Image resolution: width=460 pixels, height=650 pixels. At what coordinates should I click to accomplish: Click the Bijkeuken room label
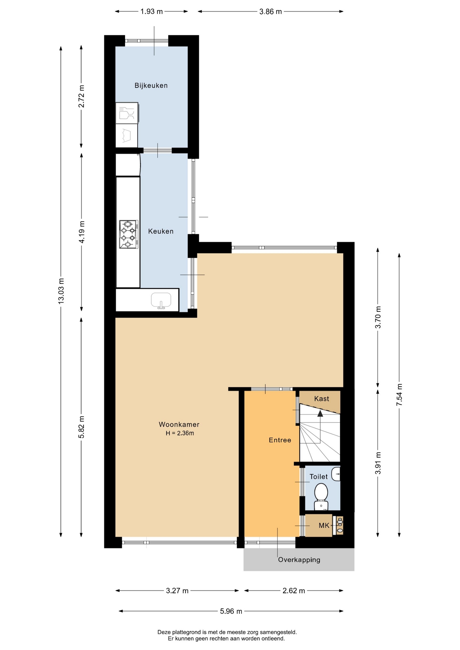pyautogui.click(x=151, y=86)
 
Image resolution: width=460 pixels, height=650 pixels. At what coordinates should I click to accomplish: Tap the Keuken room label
pyautogui.click(x=161, y=232)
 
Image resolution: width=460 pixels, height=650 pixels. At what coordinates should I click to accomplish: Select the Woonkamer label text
pyautogui.click(x=179, y=425)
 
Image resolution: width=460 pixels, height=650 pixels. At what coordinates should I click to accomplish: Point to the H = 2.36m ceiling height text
pyautogui.click(x=180, y=433)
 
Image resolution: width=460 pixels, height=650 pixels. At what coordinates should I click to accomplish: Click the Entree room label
pyautogui.click(x=280, y=440)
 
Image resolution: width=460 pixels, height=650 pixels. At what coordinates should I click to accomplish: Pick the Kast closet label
pyautogui.click(x=322, y=399)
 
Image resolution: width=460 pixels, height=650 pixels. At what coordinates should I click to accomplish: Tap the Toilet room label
pyautogui.click(x=319, y=477)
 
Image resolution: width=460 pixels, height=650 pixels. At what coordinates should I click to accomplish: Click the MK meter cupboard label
pyautogui.click(x=324, y=526)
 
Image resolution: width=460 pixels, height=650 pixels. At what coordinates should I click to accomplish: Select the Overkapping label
pyautogui.click(x=299, y=560)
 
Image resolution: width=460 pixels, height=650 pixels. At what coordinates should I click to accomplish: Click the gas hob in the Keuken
pyautogui.click(x=129, y=234)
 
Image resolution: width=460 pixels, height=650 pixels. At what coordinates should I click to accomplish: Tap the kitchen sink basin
pyautogui.click(x=161, y=300)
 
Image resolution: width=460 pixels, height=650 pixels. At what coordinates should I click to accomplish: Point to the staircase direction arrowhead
pyautogui.click(x=320, y=413)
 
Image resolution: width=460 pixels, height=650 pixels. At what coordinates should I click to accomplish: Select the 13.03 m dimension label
pyautogui.click(x=61, y=291)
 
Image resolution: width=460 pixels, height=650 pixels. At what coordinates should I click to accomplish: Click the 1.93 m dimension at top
pyautogui.click(x=152, y=12)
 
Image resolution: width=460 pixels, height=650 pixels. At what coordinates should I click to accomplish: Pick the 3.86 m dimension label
pyautogui.click(x=271, y=12)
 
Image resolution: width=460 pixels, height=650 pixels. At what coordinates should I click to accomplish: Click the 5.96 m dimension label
pyautogui.click(x=231, y=611)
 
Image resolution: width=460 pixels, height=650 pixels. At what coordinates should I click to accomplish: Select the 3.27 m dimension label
pyautogui.click(x=177, y=591)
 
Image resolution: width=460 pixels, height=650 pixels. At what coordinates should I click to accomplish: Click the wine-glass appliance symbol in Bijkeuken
pyautogui.click(x=127, y=113)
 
